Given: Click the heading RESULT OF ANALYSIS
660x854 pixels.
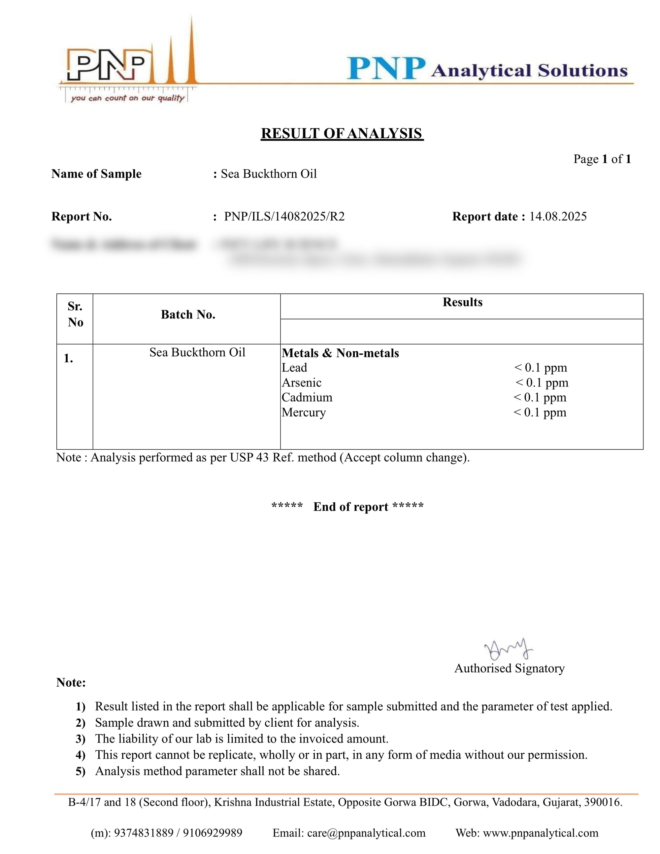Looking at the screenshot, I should click(x=342, y=134).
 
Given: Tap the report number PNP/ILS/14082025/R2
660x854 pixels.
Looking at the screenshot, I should click(x=284, y=216).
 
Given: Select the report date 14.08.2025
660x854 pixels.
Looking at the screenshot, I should click(x=558, y=216).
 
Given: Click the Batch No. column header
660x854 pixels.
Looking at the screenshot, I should click(x=188, y=315).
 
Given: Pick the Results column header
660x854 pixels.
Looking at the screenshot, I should click(x=463, y=302).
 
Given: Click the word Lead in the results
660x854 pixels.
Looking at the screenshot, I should click(x=294, y=368).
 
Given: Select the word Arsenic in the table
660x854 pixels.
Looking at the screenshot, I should click(x=302, y=382).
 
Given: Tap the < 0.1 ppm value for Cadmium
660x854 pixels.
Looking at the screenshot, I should click(x=540, y=397).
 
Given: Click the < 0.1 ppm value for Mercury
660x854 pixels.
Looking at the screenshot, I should click(x=540, y=412).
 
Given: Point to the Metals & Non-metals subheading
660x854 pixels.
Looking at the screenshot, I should click(x=340, y=353).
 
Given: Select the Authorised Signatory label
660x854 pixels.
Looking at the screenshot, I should click(x=510, y=668).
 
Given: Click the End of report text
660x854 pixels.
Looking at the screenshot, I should click(x=351, y=507).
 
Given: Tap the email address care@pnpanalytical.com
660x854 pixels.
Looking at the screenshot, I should click(x=366, y=833).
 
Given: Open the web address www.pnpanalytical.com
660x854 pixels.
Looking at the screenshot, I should click(x=541, y=833).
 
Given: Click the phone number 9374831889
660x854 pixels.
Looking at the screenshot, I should click(x=144, y=833).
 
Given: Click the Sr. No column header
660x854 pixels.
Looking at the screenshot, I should click(x=75, y=314).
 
